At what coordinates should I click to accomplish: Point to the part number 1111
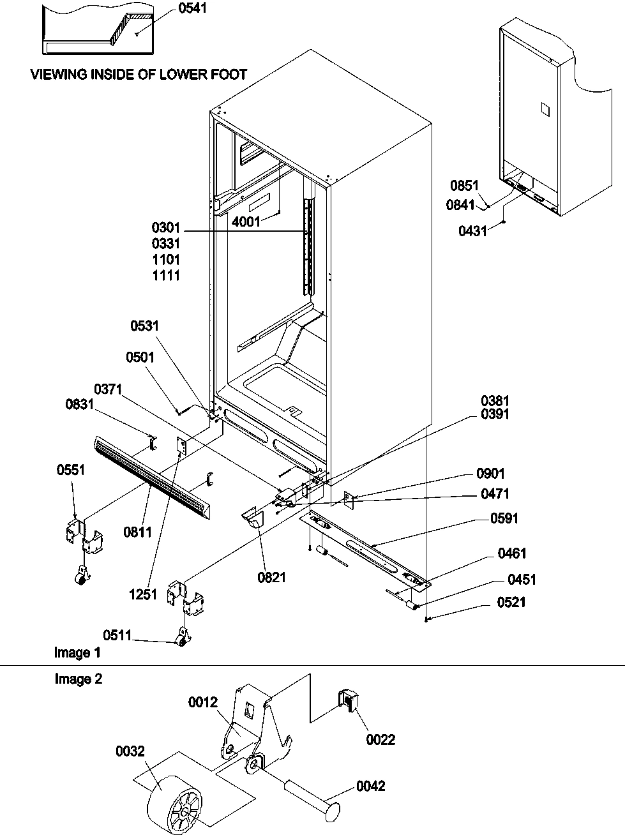[166, 276]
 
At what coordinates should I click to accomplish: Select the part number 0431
[473, 232]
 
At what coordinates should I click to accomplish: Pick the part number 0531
[144, 326]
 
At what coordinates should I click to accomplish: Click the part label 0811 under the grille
[138, 531]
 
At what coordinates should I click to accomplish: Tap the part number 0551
[70, 470]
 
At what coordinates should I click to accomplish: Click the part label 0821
[272, 578]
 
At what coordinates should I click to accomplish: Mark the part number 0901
[490, 474]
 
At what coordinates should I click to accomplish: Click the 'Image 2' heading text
[78, 679]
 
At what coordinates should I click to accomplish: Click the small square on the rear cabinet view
[545, 109]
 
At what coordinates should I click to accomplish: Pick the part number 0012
[204, 703]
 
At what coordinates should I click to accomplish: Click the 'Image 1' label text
[77, 652]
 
